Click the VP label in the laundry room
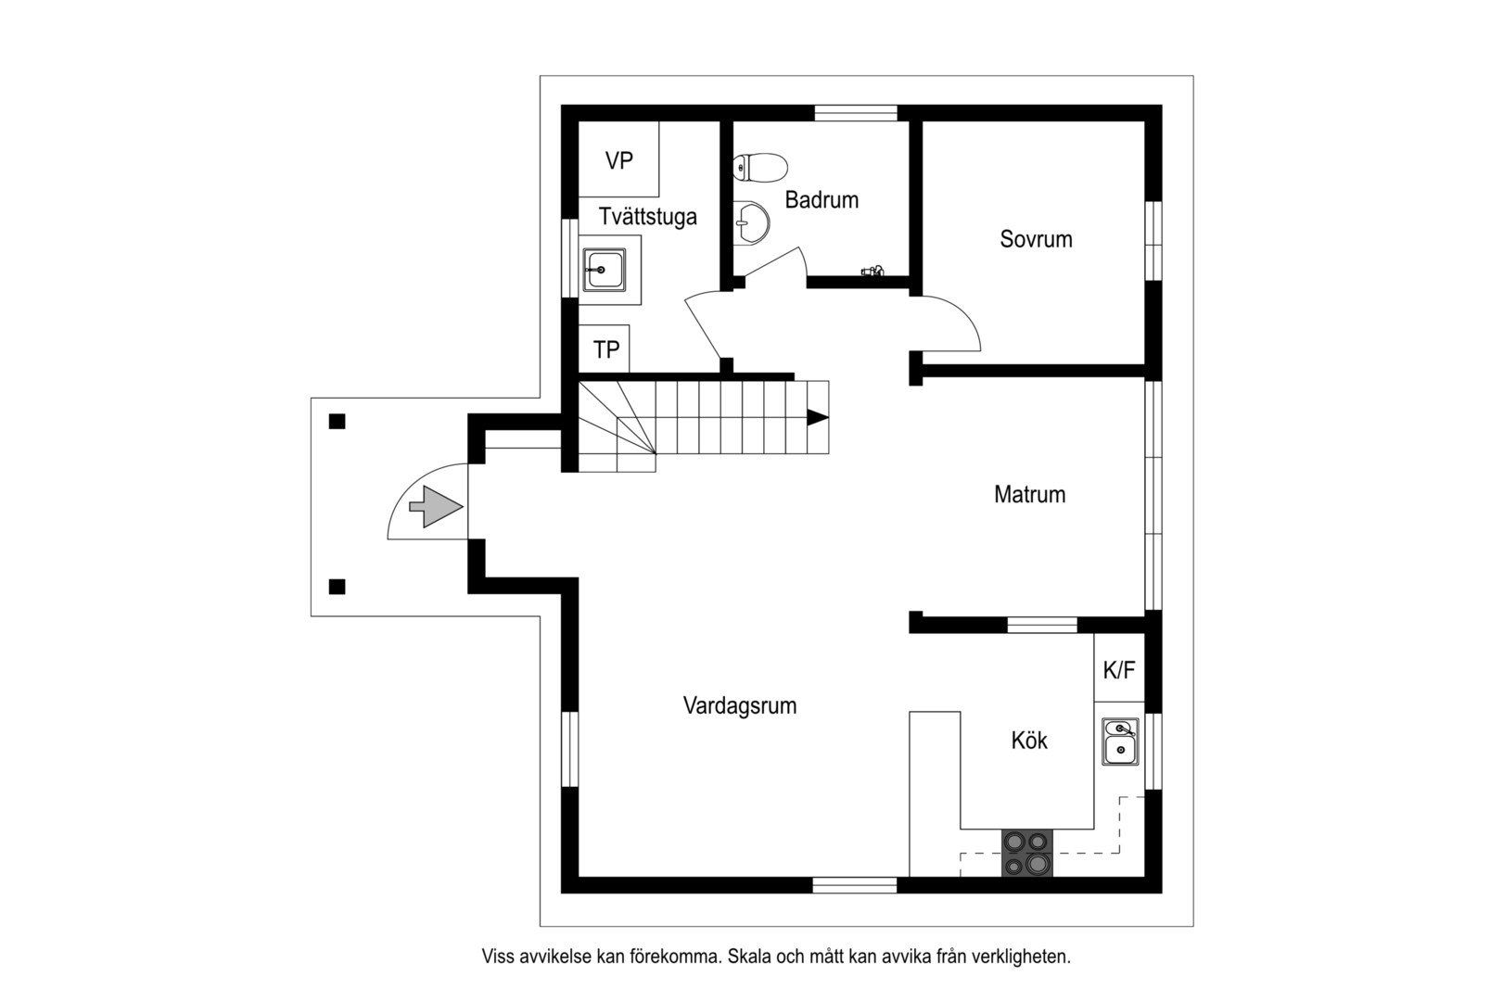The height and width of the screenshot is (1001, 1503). pyautogui.click(x=618, y=161)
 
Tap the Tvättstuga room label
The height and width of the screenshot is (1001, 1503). pyautogui.click(x=647, y=217)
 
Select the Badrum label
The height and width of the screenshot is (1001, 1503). pyautogui.click(x=822, y=200)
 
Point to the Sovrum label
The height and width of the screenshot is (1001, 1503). pyautogui.click(x=1036, y=239)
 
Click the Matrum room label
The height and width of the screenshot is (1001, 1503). pyautogui.click(x=1029, y=494)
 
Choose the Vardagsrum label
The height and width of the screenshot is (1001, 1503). pyautogui.click(x=739, y=706)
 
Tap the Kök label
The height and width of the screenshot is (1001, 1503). pyautogui.click(x=1028, y=741)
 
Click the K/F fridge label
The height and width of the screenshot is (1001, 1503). pyautogui.click(x=1119, y=669)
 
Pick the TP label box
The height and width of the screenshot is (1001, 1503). pyautogui.click(x=605, y=349)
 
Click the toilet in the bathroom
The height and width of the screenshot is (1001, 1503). pyautogui.click(x=759, y=168)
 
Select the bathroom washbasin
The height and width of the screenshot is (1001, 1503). pyautogui.click(x=751, y=222)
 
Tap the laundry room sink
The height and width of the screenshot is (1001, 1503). pyautogui.click(x=605, y=270)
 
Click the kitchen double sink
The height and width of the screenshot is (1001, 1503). pyautogui.click(x=1121, y=741)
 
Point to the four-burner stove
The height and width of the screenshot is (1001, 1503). pyautogui.click(x=1027, y=853)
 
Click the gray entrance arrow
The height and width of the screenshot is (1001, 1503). pyautogui.click(x=436, y=507)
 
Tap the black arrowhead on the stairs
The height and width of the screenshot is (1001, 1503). pyautogui.click(x=817, y=417)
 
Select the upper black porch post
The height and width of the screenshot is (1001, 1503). pyautogui.click(x=337, y=422)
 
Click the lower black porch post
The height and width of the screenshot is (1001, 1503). pyautogui.click(x=337, y=587)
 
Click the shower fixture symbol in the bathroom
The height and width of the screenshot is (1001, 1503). pyautogui.click(x=873, y=271)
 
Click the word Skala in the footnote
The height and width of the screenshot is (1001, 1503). pyautogui.click(x=749, y=957)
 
